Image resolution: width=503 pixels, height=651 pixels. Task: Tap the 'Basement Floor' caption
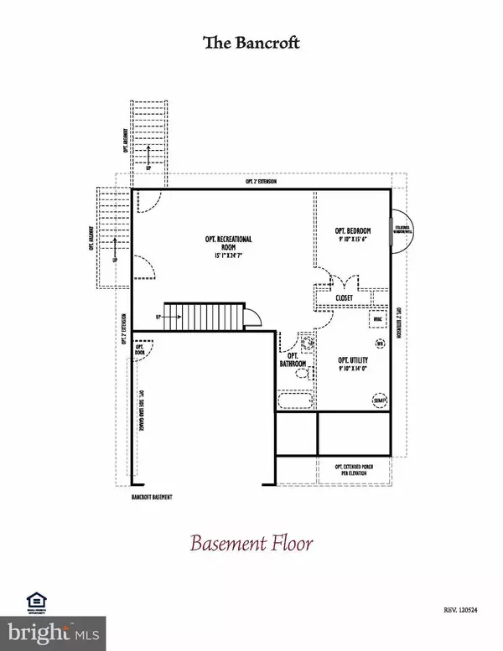251,543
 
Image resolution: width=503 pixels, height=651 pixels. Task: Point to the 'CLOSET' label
344,297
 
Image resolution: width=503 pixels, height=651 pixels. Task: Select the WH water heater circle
379,343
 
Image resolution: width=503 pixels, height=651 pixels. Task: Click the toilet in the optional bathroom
305,343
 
